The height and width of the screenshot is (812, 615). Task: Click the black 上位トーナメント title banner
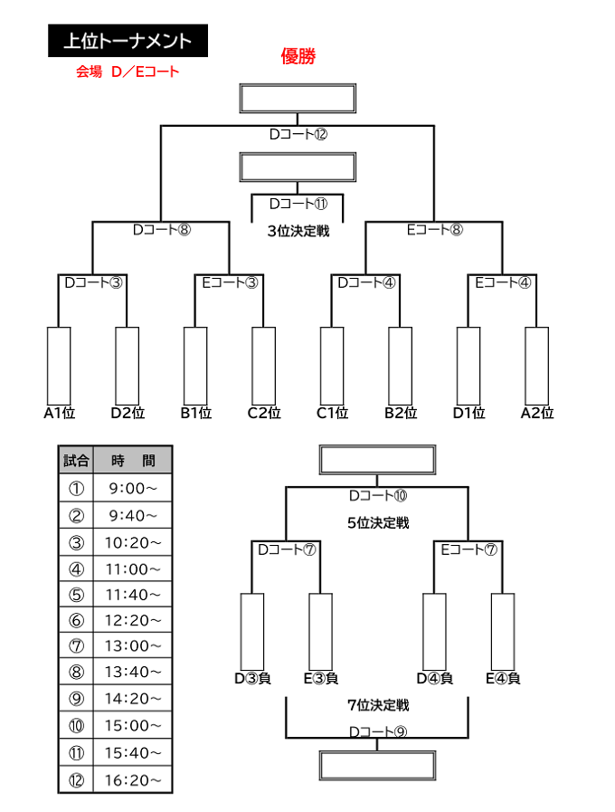point(128,41)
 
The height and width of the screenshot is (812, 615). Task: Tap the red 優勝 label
point(298,56)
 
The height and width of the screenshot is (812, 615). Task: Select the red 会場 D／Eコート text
point(128,72)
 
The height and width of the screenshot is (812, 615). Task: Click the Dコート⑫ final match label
point(298,134)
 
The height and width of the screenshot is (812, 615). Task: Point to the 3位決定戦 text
point(298,231)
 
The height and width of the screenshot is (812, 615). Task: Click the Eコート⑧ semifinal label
point(434,229)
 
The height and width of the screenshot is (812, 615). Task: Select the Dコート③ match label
point(93,282)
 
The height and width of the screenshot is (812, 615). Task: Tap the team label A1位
point(60,413)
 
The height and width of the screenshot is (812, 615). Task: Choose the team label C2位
point(264,413)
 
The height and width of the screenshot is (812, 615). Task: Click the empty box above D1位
point(468,366)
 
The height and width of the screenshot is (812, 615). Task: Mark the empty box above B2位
point(401,366)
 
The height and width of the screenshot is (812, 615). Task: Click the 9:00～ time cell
point(132,488)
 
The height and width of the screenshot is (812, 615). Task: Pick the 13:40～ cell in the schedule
point(132,672)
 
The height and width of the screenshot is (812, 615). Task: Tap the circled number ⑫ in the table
point(76,779)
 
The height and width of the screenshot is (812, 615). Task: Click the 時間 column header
point(132,460)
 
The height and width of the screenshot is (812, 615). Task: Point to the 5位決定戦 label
point(378,523)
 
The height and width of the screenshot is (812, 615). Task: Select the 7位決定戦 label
point(378,705)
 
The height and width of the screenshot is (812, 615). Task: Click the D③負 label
point(252,678)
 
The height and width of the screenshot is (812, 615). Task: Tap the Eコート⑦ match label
point(468,549)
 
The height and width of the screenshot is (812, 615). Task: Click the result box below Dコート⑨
point(377,766)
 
